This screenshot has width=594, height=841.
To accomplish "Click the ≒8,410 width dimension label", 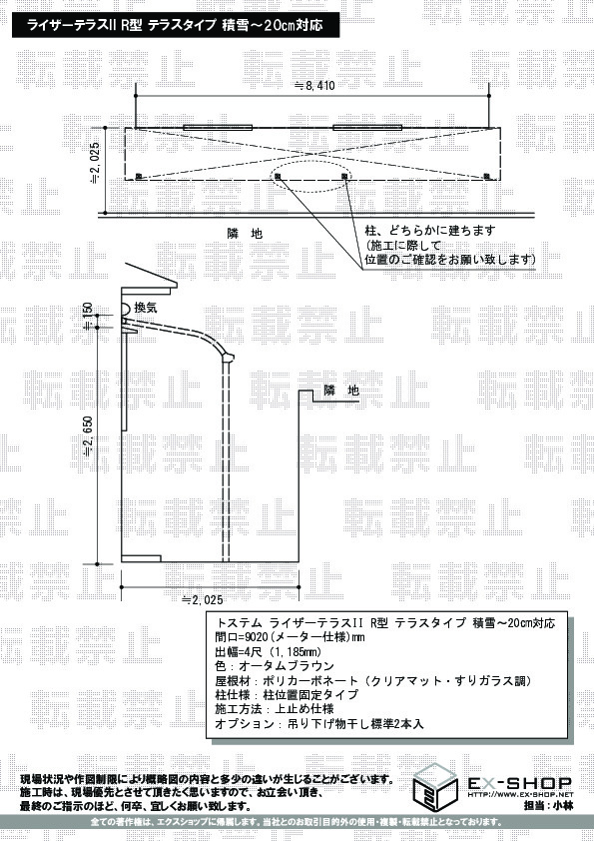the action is pyautogui.click(x=314, y=85).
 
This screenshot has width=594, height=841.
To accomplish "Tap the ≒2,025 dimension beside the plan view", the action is pyautogui.click(x=95, y=163).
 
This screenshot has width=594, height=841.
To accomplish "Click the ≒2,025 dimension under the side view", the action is pyautogui.click(x=202, y=599).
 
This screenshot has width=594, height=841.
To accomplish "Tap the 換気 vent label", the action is pyautogui.click(x=146, y=308).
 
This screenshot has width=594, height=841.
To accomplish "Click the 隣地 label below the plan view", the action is pyautogui.click(x=245, y=234).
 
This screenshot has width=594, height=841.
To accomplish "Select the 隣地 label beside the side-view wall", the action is pyautogui.click(x=341, y=391).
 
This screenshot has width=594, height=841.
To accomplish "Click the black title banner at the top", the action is pyautogui.click(x=176, y=25).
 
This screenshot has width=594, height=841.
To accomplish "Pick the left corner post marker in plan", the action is pyautogui.click(x=138, y=176).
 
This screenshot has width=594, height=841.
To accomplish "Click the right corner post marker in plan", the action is pyautogui.click(x=487, y=176).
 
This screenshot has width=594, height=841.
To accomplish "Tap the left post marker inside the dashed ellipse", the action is pyautogui.click(x=278, y=176).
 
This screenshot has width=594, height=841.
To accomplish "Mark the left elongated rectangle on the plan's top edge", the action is pyautogui.click(x=218, y=128).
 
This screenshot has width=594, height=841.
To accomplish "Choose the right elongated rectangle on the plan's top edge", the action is pyautogui.click(x=367, y=128).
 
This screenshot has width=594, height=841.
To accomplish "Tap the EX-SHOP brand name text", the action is pyautogui.click(x=520, y=783).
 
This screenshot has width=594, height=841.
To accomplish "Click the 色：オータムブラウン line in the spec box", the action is pyautogui.click(x=274, y=666).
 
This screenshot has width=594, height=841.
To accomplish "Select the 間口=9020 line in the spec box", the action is pyautogui.click(x=290, y=637).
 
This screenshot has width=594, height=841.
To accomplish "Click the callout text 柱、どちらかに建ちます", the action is pyautogui.click(x=430, y=231).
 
